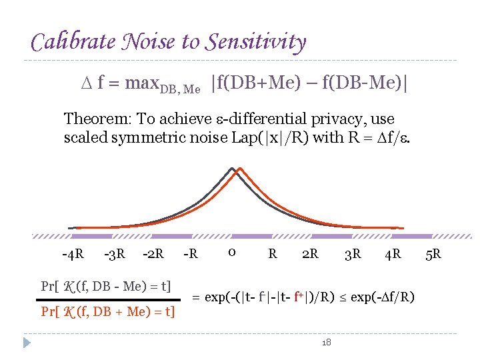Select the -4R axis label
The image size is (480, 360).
(x=73, y=254)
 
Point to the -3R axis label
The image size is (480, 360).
(x=115, y=254)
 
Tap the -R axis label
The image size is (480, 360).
(x=191, y=254)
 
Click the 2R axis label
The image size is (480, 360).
(x=310, y=254)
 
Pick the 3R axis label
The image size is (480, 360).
(x=353, y=254)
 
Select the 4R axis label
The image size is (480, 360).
(x=393, y=254)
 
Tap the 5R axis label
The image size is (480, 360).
(x=432, y=254)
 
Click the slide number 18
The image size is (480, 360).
(x=326, y=342)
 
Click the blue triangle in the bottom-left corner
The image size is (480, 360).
(x=26, y=343)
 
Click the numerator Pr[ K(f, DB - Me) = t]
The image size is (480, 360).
(x=107, y=287)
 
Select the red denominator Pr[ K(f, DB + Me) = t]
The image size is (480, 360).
(x=108, y=311)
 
